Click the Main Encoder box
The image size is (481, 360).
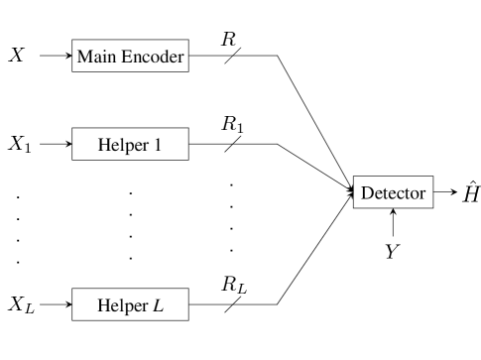point(131,56)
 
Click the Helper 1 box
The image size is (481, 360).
point(130,145)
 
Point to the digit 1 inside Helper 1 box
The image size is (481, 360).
point(158,145)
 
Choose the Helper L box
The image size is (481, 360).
point(130,305)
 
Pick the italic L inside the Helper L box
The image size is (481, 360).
point(158,305)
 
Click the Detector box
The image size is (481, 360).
point(393,192)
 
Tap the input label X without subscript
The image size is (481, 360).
point(17,55)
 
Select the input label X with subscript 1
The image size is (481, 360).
point(19,145)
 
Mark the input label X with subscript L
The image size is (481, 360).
point(19,303)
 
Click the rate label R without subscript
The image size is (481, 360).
point(228,40)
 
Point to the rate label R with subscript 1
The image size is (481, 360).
point(232,125)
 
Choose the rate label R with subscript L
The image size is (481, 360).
point(233,286)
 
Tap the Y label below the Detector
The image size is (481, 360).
point(393,252)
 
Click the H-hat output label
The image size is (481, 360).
point(470,191)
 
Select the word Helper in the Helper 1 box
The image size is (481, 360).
point(122,145)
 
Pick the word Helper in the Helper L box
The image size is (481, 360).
point(121,305)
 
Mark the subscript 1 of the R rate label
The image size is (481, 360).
point(240,129)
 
